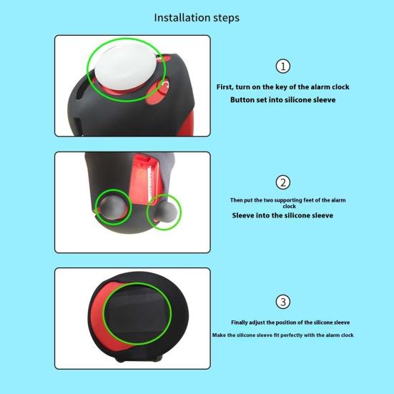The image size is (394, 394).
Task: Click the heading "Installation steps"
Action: [197, 18]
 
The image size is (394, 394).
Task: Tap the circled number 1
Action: [283, 67]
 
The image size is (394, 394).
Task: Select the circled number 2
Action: [283, 182]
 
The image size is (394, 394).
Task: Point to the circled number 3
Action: [283, 302]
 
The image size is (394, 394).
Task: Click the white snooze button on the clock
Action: [125, 68]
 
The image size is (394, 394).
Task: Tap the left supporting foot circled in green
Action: [114, 207]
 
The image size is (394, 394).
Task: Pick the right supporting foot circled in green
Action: [165, 211]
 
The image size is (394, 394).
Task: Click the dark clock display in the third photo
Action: [138, 314]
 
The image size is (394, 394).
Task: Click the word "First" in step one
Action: [225, 87]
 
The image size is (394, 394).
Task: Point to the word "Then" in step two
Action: [236, 200]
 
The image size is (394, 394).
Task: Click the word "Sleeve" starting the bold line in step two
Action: [243, 215]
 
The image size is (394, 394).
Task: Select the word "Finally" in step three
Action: [240, 322]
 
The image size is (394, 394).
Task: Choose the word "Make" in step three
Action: [219, 335]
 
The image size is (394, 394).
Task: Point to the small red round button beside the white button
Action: [163, 87]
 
